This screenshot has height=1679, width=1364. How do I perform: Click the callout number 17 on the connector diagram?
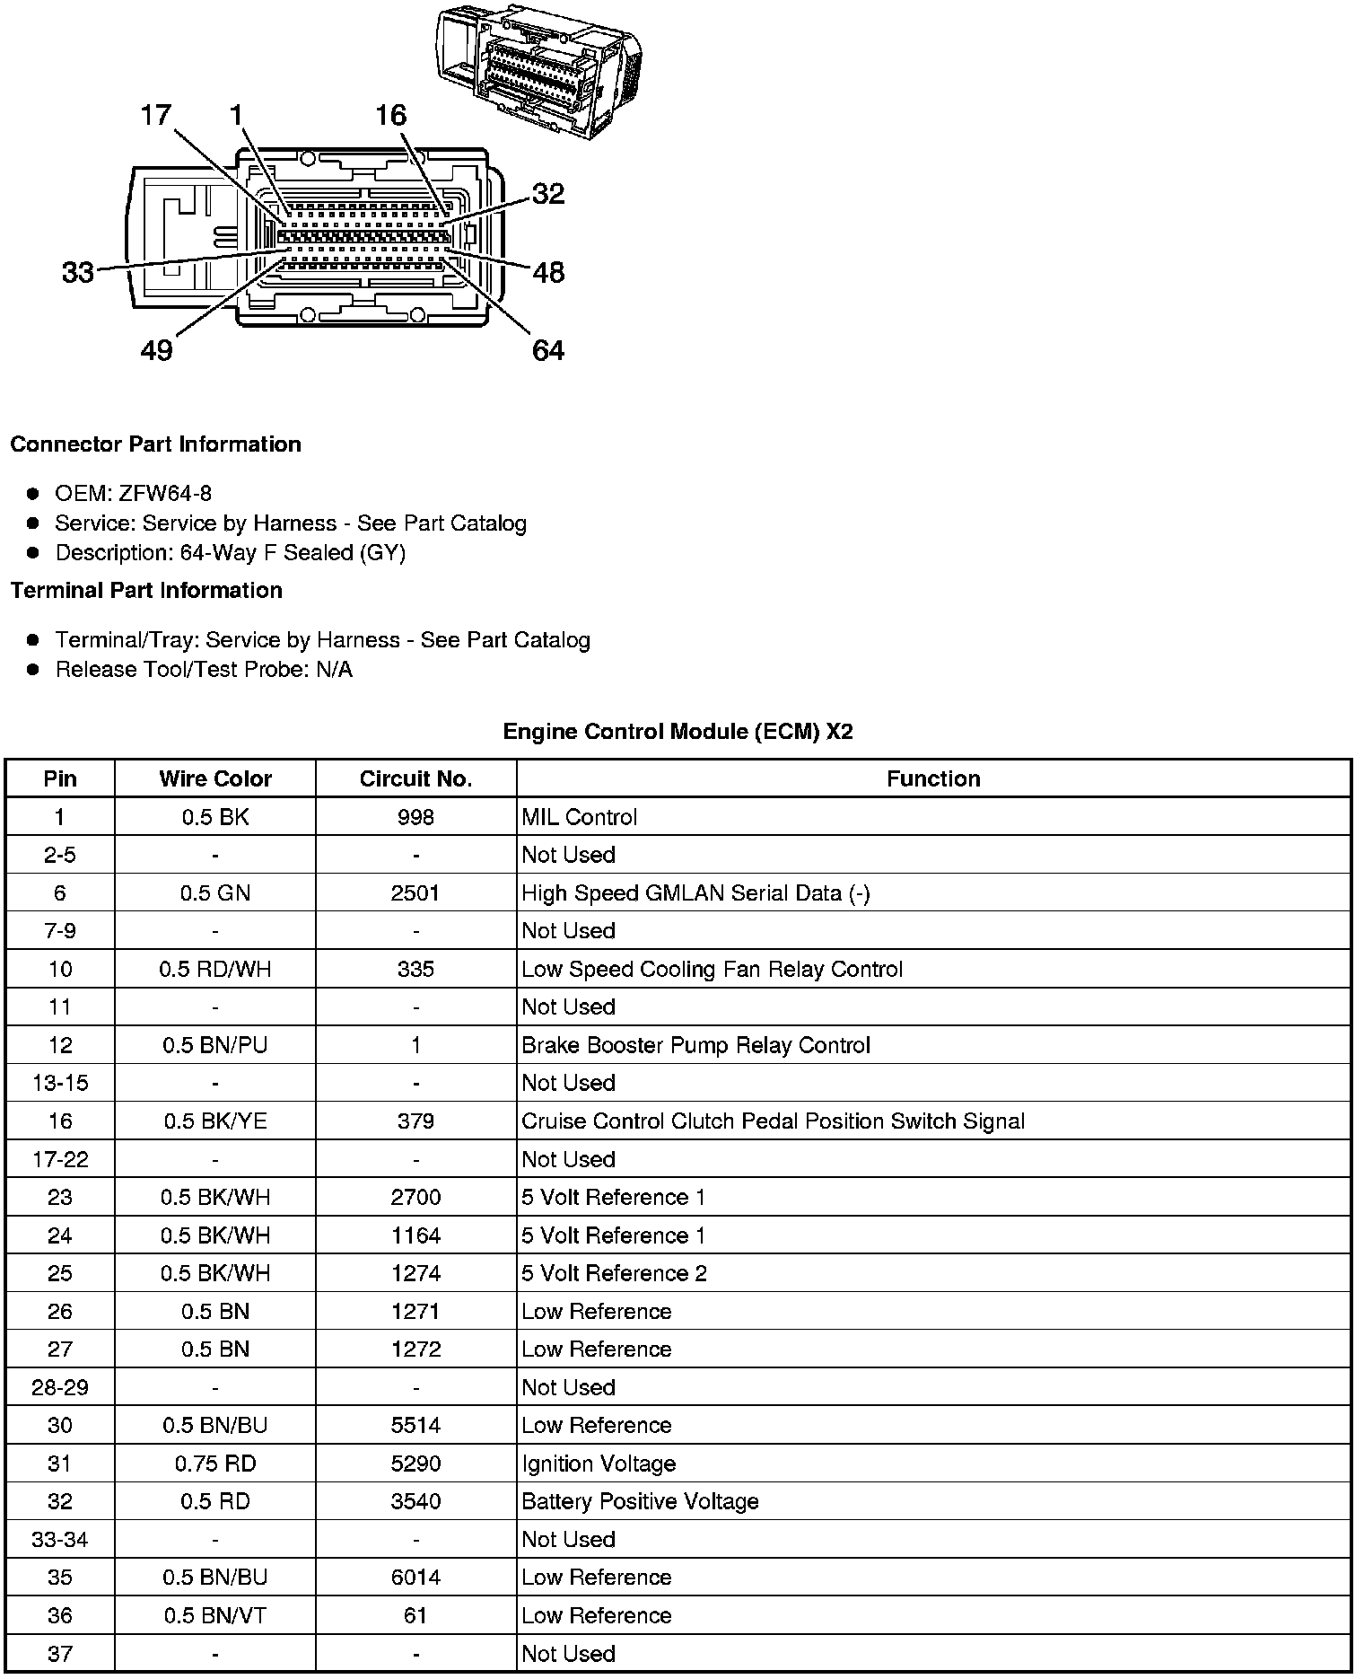(155, 115)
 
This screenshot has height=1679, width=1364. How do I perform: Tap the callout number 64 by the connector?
(548, 350)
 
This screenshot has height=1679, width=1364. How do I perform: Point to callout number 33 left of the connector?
(78, 272)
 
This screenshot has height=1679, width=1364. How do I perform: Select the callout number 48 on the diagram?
(548, 272)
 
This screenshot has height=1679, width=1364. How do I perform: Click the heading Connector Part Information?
(155, 444)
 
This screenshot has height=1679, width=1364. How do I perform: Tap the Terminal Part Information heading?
(146, 590)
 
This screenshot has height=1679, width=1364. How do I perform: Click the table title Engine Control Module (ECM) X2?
(678, 732)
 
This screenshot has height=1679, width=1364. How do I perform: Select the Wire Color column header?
(215, 778)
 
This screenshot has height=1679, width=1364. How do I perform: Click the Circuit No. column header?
(415, 778)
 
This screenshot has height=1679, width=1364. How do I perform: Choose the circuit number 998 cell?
(415, 817)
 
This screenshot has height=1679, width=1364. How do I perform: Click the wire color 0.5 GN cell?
(215, 892)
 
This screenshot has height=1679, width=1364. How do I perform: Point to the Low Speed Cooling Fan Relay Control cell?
(712, 969)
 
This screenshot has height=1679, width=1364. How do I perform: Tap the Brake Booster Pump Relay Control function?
(695, 1045)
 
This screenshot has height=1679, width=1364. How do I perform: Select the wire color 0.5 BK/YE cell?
(215, 1121)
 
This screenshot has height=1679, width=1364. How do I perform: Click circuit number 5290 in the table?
(415, 1464)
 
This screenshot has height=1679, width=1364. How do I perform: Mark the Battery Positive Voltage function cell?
(640, 1501)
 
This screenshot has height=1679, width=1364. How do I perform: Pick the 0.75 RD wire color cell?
(215, 1464)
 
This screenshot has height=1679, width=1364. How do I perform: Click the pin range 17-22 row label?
(60, 1159)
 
